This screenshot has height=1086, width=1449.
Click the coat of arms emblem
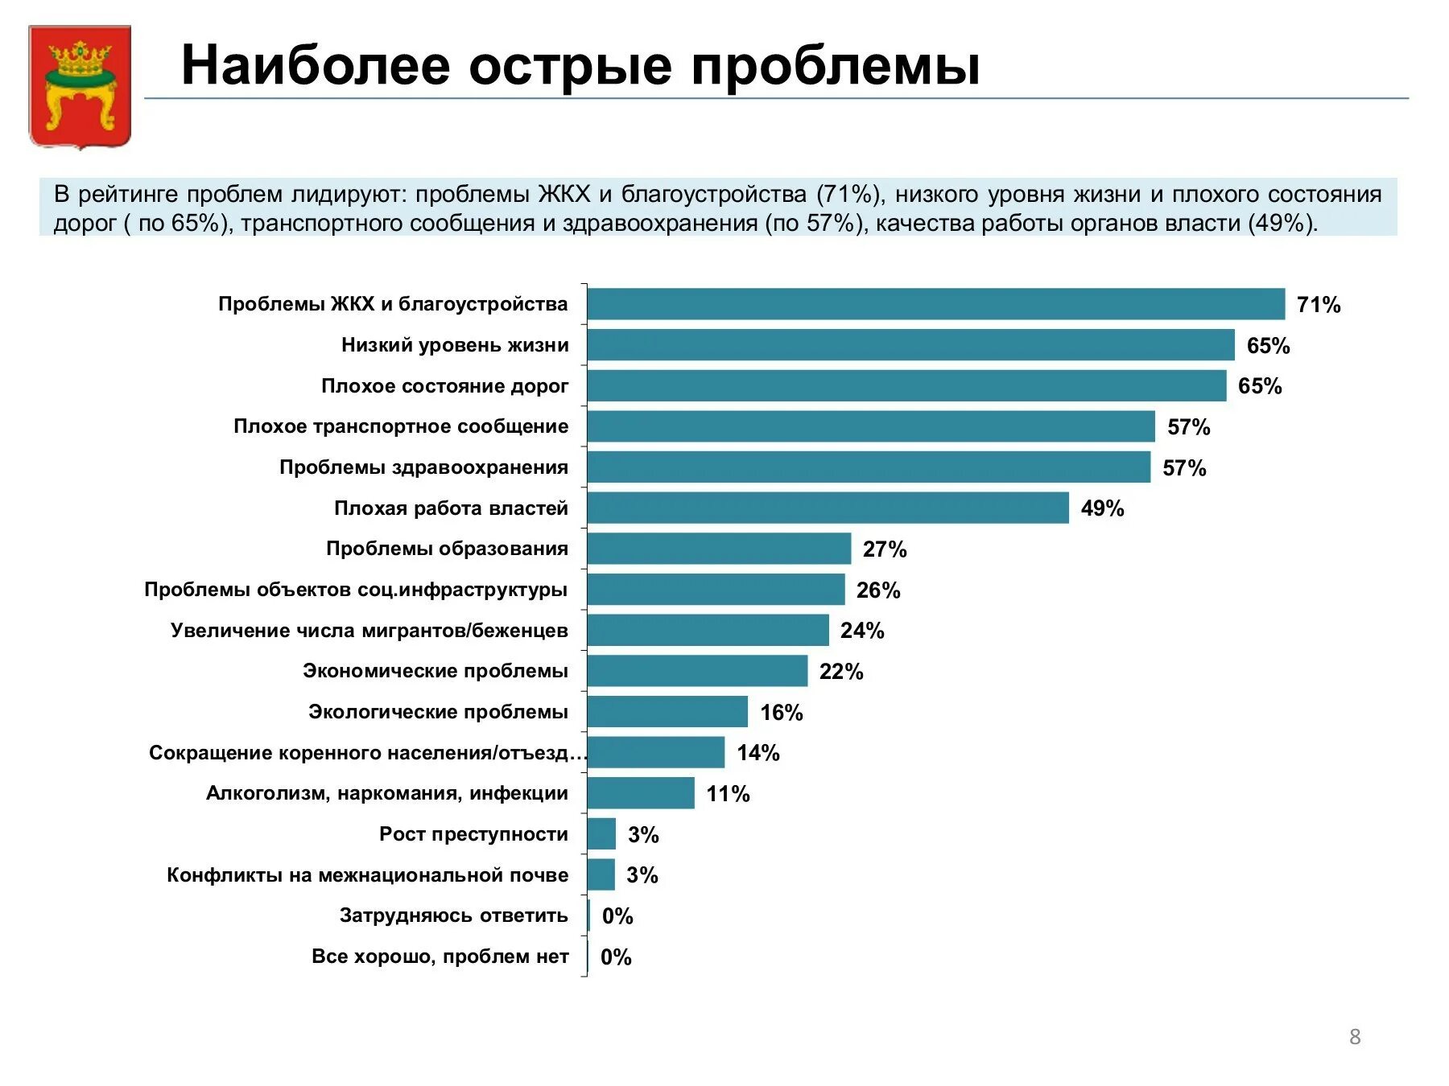(x=80, y=86)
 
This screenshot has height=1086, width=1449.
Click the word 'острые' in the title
(x=570, y=65)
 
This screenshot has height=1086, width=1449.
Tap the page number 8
(x=1355, y=1036)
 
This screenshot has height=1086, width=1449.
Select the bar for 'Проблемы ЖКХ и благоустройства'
(x=935, y=304)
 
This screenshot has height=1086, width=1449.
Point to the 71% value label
(x=1319, y=305)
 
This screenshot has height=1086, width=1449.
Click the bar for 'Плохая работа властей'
(x=828, y=508)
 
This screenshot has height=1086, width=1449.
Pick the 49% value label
(x=1102, y=508)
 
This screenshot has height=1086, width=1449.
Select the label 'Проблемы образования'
(x=447, y=549)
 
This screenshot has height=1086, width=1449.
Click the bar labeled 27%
(x=719, y=549)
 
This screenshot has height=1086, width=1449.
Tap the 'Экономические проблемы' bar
(x=697, y=671)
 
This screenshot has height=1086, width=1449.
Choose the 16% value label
(x=781, y=713)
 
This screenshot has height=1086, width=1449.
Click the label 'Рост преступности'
(x=473, y=834)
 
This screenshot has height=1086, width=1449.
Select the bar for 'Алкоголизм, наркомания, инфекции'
(x=641, y=793)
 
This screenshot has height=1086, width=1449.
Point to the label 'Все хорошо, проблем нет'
(x=440, y=956)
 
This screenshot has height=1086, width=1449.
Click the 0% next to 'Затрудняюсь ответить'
(x=617, y=916)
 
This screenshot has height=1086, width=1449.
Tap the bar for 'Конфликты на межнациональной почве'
(x=601, y=874)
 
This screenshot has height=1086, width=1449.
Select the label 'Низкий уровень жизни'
(x=455, y=345)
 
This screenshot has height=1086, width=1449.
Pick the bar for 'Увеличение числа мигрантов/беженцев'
(x=708, y=630)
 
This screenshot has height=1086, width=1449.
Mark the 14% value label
(x=758, y=753)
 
